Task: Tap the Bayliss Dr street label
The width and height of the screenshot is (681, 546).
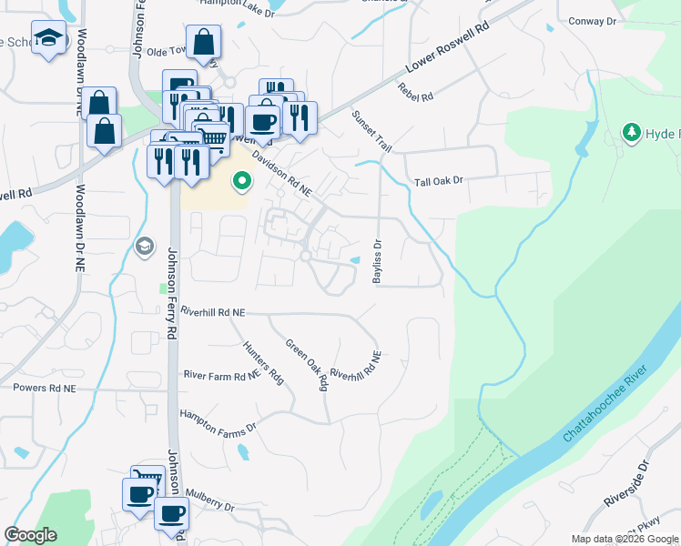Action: pos(376,261)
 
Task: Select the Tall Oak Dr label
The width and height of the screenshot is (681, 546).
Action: pos(439,181)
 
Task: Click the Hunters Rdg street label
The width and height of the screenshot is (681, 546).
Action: pos(264,363)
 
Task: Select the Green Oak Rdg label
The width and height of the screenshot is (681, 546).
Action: pos(307,365)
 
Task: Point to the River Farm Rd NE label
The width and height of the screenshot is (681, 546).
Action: pos(222,375)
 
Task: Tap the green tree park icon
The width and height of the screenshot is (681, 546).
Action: pos(631,134)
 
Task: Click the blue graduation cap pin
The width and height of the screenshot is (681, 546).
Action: pos(47,39)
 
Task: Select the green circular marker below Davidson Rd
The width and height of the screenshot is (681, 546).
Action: pos(241,181)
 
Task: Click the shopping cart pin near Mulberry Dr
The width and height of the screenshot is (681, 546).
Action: pos(147,480)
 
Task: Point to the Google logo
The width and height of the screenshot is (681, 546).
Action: pos(30,535)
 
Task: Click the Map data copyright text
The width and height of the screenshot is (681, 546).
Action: pos(625,539)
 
